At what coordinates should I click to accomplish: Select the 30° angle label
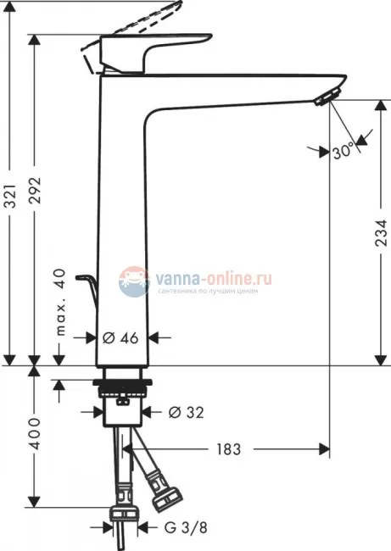tap(344, 152)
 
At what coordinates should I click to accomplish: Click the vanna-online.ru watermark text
tap(214, 276)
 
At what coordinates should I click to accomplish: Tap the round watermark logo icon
tap(134, 280)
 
